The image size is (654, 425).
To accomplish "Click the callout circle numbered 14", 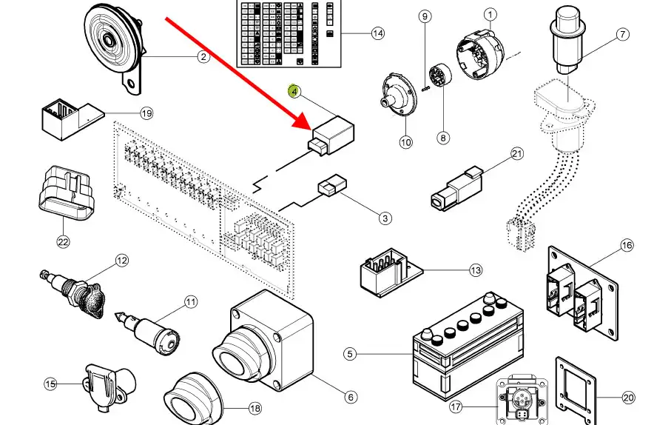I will (378, 33).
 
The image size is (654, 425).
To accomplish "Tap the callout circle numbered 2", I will (203, 56).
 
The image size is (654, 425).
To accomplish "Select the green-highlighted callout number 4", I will (294, 91).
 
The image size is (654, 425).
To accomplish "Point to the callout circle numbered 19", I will (146, 113).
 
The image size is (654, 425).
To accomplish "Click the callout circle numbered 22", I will (62, 241).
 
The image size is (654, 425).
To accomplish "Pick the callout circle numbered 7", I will (621, 34).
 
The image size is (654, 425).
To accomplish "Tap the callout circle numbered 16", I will (627, 245).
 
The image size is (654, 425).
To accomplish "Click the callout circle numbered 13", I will (474, 272).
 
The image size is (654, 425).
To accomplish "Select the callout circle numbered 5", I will (350, 355).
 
